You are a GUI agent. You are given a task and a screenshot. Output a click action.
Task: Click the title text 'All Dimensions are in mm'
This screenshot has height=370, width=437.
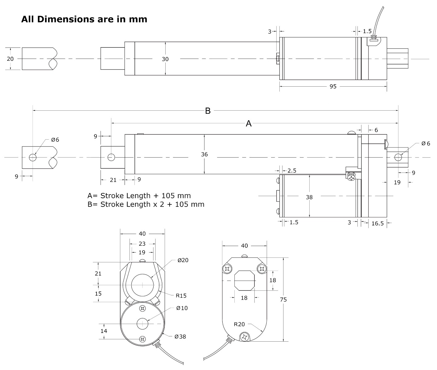tap(84, 19)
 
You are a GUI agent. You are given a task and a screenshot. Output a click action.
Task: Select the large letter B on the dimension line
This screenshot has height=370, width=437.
tap(208, 111)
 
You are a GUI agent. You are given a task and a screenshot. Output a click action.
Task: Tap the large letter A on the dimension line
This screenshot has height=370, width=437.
tap(249, 124)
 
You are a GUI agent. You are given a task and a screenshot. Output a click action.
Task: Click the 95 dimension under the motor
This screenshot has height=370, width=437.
tap(333, 87)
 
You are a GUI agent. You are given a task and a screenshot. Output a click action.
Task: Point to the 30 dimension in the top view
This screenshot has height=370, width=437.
tap(165, 59)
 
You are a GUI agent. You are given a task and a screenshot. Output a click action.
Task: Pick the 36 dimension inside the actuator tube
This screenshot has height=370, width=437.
tap(204, 154)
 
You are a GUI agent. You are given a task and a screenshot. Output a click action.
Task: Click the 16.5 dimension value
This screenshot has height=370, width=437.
tap(377, 223)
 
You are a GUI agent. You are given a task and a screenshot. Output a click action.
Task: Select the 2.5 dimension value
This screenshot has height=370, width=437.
tap(292, 171)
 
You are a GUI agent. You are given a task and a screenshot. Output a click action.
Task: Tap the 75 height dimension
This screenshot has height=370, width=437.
tap(283, 299)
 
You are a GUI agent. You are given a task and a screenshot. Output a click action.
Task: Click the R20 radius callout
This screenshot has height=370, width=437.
tap(239, 324)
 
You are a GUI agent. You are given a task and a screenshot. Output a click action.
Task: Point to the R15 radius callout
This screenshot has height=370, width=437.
tap(181, 295)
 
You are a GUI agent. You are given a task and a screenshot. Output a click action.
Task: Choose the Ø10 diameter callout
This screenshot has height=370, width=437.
tap(182, 308)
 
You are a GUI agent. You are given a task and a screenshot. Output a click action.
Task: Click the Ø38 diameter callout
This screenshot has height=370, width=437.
tap(180, 336)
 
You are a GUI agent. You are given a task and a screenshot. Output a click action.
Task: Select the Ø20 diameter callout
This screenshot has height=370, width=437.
tap(183, 260)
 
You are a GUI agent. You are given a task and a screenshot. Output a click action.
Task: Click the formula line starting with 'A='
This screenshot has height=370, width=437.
tap(139, 195)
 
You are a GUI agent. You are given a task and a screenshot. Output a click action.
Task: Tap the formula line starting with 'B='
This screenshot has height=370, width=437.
tap(146, 204)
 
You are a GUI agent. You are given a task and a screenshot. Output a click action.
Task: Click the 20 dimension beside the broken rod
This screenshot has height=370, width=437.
tap(10, 59)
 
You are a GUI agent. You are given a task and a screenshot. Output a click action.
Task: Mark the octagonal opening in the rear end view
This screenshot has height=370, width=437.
tap(244, 281)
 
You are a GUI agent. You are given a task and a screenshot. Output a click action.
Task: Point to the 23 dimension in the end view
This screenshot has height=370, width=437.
tap(142, 244)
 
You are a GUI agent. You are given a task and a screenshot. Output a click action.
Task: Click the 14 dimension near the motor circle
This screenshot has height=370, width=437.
tap(104, 331)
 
